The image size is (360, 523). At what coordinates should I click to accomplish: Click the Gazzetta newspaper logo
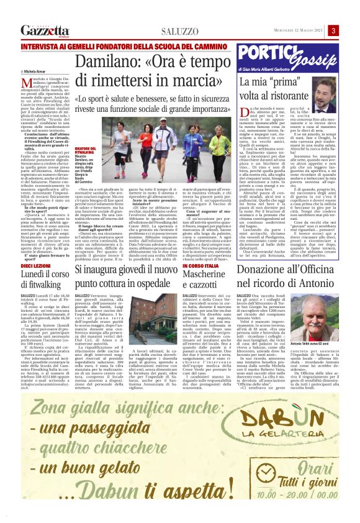pos(45,30)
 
